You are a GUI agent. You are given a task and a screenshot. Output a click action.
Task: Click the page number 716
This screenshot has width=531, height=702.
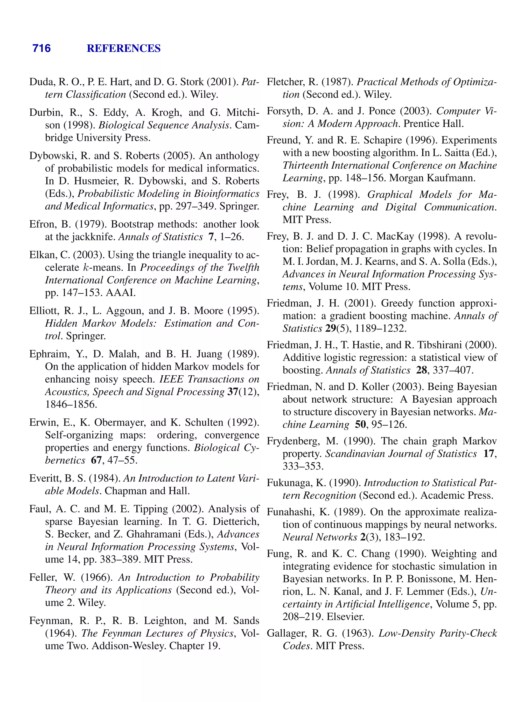41,48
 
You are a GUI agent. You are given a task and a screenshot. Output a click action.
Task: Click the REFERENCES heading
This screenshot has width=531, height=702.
124,48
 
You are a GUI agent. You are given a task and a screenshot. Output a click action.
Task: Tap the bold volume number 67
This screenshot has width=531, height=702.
96,460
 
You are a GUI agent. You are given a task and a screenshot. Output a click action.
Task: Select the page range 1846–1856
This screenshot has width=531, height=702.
71,404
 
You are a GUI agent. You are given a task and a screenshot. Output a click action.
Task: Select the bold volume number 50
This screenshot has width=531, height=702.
360,425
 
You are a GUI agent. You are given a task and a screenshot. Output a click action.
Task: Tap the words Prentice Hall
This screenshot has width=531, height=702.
434,123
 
